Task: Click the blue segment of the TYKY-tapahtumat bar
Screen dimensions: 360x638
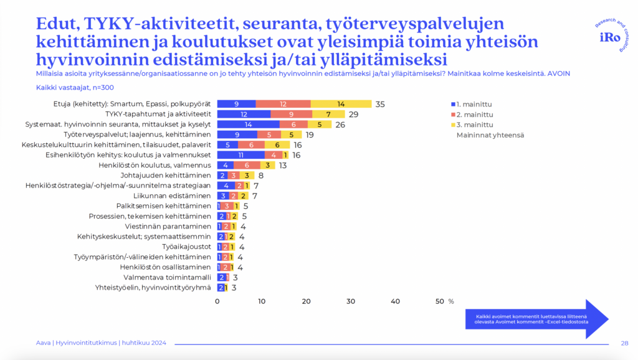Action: pyautogui.click(x=244, y=114)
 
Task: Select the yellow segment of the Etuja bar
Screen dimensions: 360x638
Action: pyautogui.click(x=341, y=103)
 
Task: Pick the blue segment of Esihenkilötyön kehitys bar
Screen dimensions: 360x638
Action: pyautogui.click(x=240, y=154)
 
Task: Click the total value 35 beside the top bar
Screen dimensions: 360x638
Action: pyautogui.click(x=380, y=104)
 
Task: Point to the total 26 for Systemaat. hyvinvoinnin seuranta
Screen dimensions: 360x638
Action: pyautogui.click(x=340, y=125)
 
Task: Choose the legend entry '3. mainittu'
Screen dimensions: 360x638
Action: pyautogui.click(x=475, y=125)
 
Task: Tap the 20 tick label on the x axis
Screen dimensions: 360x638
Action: pyautogui.click(x=306, y=301)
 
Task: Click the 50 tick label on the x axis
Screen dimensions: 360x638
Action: pyautogui.click(x=440, y=301)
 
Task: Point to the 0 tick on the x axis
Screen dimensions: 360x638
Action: pyautogui.click(x=217, y=301)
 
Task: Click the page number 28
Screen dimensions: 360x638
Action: pyautogui.click(x=624, y=343)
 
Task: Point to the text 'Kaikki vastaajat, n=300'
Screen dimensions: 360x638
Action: pyautogui.click(x=70, y=88)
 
